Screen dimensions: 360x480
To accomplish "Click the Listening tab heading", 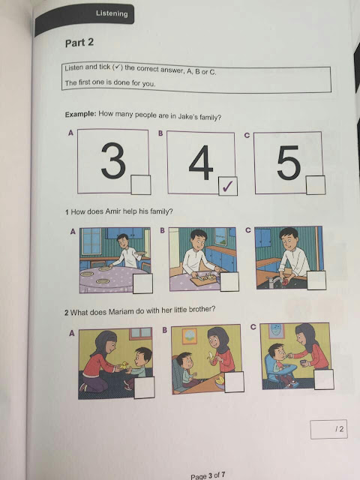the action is click(112, 13).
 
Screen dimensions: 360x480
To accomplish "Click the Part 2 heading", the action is click(79, 43).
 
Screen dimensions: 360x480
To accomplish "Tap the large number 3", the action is click(113, 160).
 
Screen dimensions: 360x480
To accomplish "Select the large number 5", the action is click(289, 162).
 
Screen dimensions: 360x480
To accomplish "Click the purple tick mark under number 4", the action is click(228, 186).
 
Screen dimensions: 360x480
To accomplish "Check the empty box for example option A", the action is click(141, 184).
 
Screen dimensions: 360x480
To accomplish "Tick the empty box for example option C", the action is click(316, 185).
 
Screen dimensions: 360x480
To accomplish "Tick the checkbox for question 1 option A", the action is click(142, 283).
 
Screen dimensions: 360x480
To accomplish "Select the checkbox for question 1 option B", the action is click(229, 282).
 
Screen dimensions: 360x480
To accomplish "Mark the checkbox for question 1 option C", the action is click(316, 280).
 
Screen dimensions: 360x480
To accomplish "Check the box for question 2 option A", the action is click(145, 388).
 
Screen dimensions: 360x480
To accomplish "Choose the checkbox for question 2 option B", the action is click(234, 382).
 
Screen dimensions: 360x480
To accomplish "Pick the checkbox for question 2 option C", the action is click(324, 379).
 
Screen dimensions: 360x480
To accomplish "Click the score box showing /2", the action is click(328, 429).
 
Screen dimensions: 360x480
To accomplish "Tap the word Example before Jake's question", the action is click(80, 115).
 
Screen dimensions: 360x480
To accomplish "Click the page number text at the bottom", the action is click(208, 475).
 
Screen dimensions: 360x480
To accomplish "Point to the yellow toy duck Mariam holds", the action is click(124, 365).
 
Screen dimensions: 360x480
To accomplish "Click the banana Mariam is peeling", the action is click(211, 357).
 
